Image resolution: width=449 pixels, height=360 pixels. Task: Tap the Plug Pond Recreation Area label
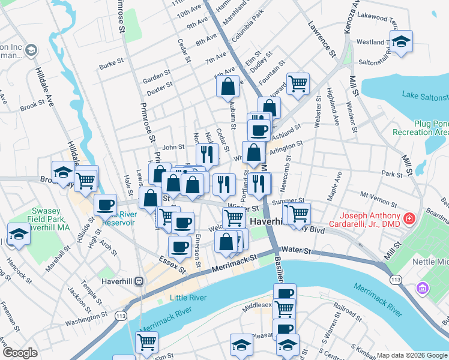(x=420, y=127)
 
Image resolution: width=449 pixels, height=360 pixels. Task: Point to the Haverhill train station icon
(x=139, y=280)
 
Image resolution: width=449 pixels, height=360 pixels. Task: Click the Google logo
(x=20, y=353)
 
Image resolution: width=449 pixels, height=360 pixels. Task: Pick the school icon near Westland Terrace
(x=401, y=41)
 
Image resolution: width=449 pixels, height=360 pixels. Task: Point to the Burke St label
(x=111, y=63)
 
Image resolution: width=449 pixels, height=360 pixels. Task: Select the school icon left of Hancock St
(x=19, y=233)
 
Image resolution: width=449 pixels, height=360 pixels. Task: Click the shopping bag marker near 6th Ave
(x=228, y=86)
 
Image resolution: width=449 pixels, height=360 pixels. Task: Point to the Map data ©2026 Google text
(x=411, y=355)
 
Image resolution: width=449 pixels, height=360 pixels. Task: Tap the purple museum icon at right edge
(x=423, y=289)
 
